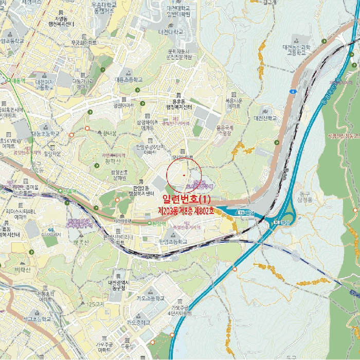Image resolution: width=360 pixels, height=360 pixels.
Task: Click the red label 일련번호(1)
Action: [186, 199]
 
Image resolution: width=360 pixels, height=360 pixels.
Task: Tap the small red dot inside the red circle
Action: [184, 176]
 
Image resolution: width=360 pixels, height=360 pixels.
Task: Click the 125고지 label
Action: [96, 304]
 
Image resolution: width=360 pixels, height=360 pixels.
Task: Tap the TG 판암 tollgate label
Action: [247, 212]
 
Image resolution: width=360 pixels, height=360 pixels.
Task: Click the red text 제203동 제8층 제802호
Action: [186, 211]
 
